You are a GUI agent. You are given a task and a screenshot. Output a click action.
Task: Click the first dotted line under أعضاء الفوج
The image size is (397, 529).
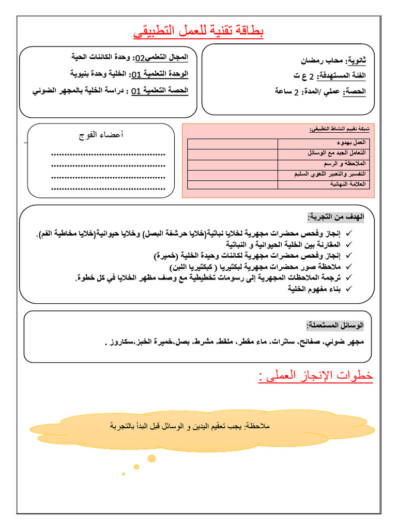108,154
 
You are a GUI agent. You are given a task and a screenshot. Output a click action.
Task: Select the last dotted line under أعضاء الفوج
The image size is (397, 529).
108,189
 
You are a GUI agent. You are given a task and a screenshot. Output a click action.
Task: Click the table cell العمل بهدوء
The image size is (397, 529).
351,143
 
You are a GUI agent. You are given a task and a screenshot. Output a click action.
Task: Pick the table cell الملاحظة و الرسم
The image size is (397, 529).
343,164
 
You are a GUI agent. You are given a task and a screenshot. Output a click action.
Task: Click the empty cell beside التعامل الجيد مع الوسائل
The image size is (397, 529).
233,153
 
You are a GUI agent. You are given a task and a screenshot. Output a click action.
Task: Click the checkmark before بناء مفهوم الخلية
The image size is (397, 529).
348,289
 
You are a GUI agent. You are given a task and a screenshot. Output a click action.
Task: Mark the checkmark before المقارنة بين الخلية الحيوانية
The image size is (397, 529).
348,244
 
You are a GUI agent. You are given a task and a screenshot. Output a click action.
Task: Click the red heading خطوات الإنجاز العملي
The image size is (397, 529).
315,377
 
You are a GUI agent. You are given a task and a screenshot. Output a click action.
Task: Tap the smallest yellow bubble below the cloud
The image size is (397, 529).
123,473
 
